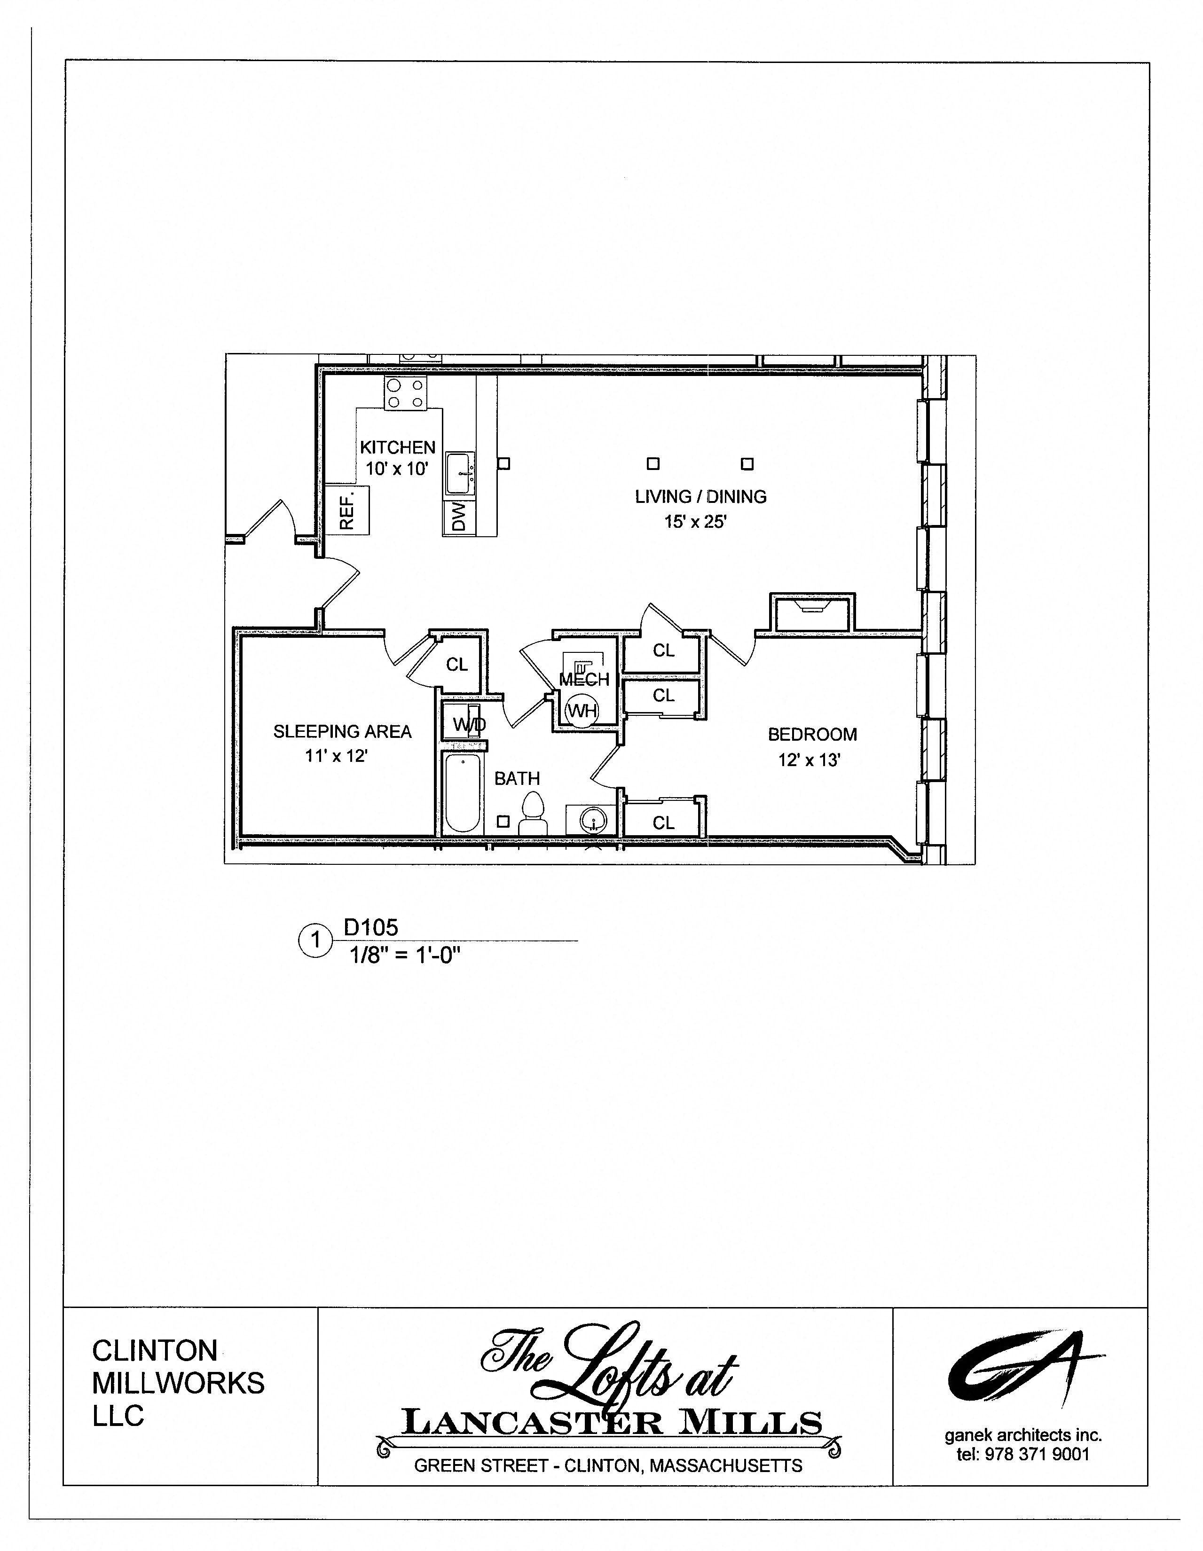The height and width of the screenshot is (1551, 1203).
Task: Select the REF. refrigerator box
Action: coord(348,510)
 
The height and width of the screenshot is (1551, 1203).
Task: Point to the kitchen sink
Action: coord(459,473)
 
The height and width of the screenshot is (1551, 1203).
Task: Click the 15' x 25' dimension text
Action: coord(695,522)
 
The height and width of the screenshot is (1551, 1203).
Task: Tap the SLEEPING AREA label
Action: coord(342,731)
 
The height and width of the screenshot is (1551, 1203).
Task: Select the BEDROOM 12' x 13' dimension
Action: coord(809,760)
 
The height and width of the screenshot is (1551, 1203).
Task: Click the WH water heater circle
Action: coord(582,710)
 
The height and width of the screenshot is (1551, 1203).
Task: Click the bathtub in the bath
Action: coord(462,793)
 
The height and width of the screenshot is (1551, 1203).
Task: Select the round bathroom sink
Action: coord(593,822)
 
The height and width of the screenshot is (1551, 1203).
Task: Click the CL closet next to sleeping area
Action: coord(456,665)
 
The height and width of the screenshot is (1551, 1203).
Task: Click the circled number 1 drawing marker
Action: coord(315,941)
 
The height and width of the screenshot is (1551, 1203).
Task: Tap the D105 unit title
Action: coord(371,927)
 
